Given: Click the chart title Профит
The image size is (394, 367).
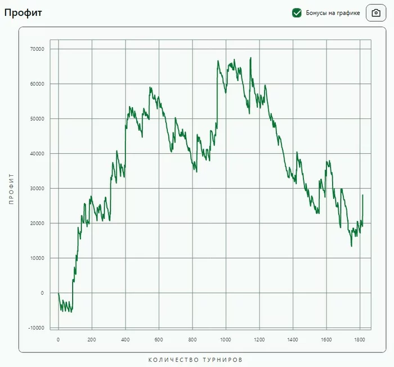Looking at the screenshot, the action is click(x=23, y=12).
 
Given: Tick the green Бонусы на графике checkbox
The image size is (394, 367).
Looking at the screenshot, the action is click(x=297, y=13).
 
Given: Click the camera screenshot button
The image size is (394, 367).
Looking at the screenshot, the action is click(x=376, y=13).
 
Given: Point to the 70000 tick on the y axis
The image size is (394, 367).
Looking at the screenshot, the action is click(x=37, y=49).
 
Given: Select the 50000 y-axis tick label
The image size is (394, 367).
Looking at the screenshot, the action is click(x=37, y=119).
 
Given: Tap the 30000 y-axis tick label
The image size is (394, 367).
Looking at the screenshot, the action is click(x=37, y=188).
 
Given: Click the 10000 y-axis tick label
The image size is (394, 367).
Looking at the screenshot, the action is click(x=37, y=258).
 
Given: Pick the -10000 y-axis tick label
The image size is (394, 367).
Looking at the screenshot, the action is click(x=36, y=328).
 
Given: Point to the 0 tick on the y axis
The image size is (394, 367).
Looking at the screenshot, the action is click(x=42, y=293).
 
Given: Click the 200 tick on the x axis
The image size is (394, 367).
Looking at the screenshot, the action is click(x=92, y=340).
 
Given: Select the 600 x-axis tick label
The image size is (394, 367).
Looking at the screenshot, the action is click(x=159, y=340).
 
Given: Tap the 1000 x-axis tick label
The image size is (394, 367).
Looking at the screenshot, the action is click(x=226, y=340).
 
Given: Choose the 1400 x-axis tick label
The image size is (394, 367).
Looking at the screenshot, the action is click(x=293, y=340).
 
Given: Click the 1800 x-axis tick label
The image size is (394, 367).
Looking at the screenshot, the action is click(x=360, y=340).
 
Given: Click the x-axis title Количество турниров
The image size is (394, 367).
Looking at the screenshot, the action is click(x=195, y=360).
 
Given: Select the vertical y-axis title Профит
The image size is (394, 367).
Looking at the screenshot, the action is click(x=11, y=189).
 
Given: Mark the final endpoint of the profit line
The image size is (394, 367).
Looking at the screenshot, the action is click(x=362, y=195).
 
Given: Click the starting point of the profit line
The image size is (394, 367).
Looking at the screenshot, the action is click(x=59, y=293).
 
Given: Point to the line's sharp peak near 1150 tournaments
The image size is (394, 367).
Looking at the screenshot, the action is click(x=250, y=58).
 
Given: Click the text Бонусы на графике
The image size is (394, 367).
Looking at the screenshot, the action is click(x=333, y=13).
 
